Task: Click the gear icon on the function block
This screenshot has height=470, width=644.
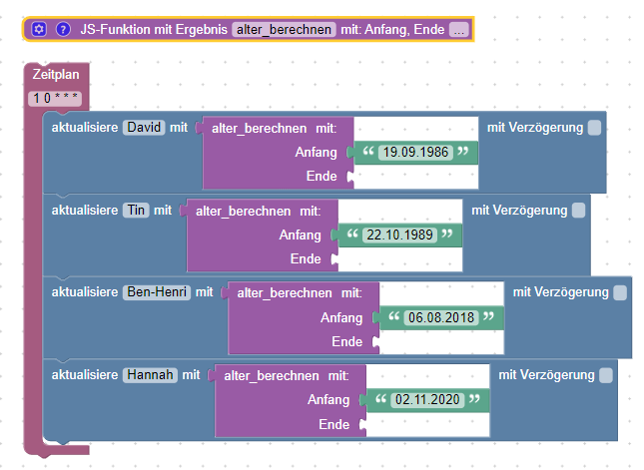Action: (39, 30)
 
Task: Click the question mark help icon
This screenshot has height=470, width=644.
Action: (63, 30)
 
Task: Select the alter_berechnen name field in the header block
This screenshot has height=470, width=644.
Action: (284, 30)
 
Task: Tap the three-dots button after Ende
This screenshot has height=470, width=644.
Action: (459, 30)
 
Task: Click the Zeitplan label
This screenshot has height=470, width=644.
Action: (56, 74)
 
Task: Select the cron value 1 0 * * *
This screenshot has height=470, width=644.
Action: (55, 99)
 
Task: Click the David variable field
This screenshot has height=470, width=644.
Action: (144, 128)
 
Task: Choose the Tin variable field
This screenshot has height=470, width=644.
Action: (136, 211)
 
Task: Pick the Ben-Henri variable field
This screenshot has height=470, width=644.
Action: (157, 292)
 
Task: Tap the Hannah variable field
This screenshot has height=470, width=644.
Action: (150, 375)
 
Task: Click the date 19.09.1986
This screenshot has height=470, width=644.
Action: (415, 153)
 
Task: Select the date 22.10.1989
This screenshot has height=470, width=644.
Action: (399, 235)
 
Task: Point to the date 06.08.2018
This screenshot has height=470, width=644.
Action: (441, 317)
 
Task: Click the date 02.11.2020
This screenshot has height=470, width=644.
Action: (427, 399)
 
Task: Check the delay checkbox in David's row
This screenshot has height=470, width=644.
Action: (594, 128)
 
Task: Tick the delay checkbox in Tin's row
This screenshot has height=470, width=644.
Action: (579, 211)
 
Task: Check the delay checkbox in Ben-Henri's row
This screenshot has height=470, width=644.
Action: (620, 292)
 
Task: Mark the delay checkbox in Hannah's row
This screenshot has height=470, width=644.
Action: (606, 375)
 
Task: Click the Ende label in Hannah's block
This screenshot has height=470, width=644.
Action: (333, 424)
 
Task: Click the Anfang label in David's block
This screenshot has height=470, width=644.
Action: (316, 153)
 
